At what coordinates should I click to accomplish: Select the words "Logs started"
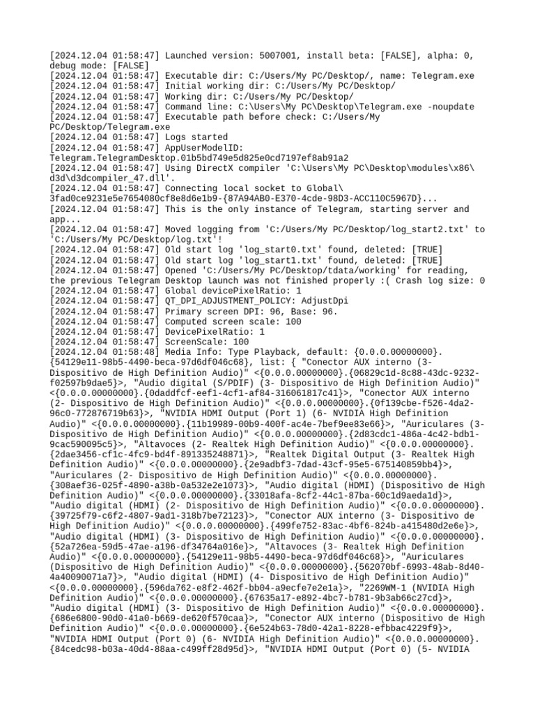[x=196, y=137]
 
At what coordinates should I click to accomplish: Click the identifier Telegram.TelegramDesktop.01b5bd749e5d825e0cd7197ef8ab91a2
[x=199, y=158]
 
